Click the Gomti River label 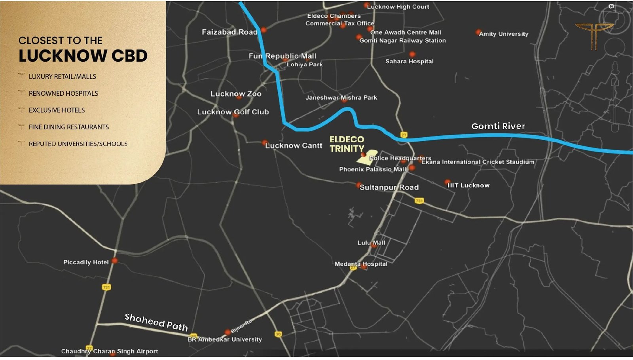tap(498, 126)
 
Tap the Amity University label tap(503, 34)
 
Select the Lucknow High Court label tap(398, 7)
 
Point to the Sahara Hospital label tap(409, 61)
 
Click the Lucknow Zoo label tap(236, 94)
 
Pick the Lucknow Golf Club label tap(233, 112)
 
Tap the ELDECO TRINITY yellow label tap(347, 144)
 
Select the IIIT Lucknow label tap(468, 186)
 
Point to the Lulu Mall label tap(371, 243)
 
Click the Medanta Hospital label tap(361, 264)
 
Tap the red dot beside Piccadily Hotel tap(114, 261)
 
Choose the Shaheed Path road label tap(156, 322)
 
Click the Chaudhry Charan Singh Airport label tap(110, 351)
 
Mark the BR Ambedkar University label tap(224, 339)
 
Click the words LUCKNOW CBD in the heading tap(83, 56)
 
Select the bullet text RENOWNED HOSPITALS tap(63, 93)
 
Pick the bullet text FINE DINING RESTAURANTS tap(68, 127)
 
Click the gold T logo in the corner tap(593, 36)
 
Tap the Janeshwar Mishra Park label tap(341, 98)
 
